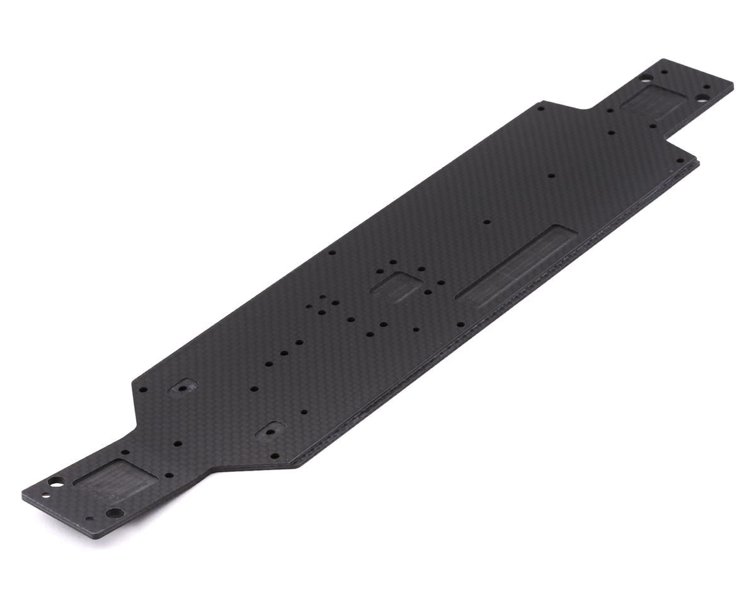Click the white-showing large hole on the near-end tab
pyautogui.click(x=56, y=481)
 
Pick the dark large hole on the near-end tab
pyautogui.click(x=113, y=513)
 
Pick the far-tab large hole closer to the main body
pyautogui.click(x=643, y=79)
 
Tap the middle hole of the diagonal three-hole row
pyautogui.click(x=283, y=354)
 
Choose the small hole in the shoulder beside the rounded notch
pyautogui.click(x=541, y=108)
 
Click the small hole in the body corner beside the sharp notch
pyautogui.click(x=653, y=126)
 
